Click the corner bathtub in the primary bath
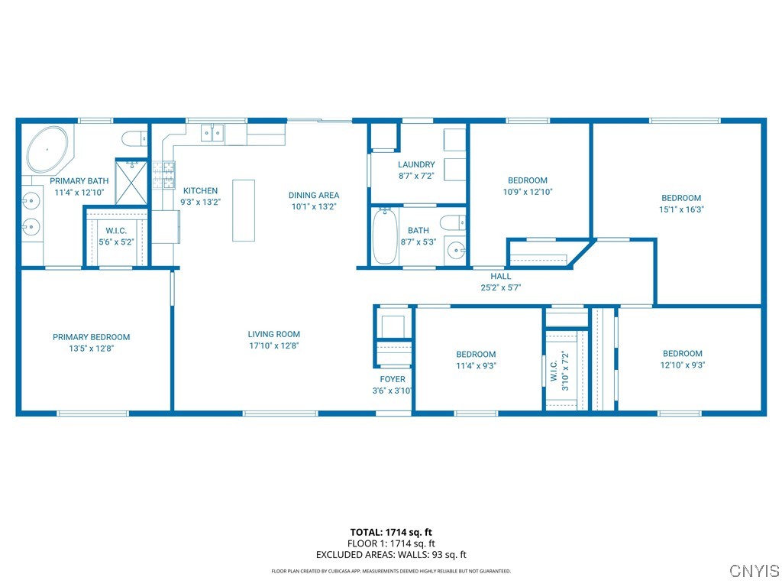[x=47, y=149]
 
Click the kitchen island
[x=244, y=210]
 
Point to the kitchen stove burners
[x=164, y=175]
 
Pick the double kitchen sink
[x=212, y=134]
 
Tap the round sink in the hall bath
[x=456, y=249]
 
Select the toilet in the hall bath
[x=451, y=224]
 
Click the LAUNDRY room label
[x=416, y=164]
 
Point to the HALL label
[x=501, y=277]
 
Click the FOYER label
[x=393, y=379]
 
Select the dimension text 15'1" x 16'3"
[x=680, y=209]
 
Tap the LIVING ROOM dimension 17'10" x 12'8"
[x=273, y=345]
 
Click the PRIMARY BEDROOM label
[x=91, y=337]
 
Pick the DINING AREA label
[x=314, y=195]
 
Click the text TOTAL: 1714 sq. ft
[x=391, y=532]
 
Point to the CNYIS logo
[x=754, y=571]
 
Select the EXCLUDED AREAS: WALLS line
[x=391, y=555]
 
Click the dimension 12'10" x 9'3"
[x=682, y=365]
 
